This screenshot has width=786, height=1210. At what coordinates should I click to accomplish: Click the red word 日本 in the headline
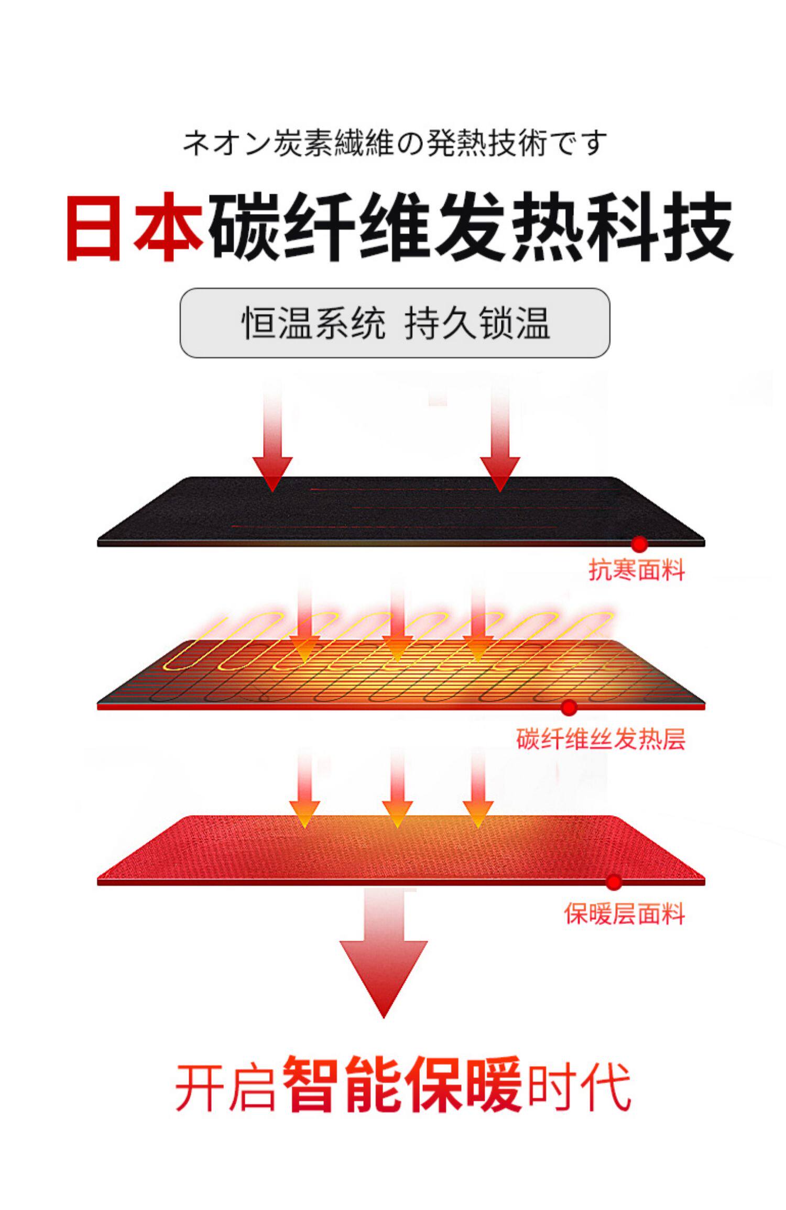(x=135, y=226)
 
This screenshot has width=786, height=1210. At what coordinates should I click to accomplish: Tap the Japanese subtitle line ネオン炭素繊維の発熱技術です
(x=394, y=143)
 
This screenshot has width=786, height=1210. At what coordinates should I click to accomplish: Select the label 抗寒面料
(x=636, y=570)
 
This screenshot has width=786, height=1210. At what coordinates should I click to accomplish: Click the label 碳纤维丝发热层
(x=601, y=739)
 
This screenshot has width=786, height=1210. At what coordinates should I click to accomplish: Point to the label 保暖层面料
(x=624, y=914)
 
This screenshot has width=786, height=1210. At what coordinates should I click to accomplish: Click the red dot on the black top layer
(x=639, y=544)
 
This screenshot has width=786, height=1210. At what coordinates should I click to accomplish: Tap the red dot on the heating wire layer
(x=569, y=708)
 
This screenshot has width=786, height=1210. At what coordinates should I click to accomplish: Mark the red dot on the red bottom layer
(x=614, y=882)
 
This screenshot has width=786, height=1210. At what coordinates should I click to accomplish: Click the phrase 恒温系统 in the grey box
(x=313, y=323)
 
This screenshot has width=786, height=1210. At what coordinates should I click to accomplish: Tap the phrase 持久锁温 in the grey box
(x=477, y=323)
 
